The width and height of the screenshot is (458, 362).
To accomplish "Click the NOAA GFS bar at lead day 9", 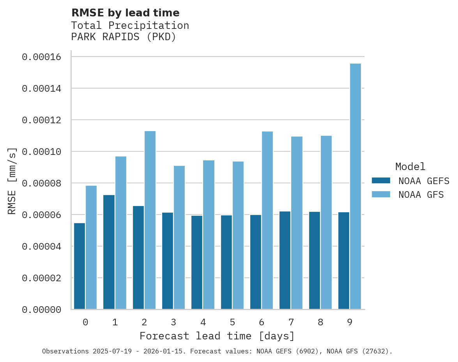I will (x=355, y=186).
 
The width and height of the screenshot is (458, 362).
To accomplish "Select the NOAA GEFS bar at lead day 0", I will (x=80, y=266).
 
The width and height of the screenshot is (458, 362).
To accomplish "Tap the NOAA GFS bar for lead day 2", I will (x=150, y=220).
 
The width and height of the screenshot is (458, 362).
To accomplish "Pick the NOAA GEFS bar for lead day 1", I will (x=109, y=252).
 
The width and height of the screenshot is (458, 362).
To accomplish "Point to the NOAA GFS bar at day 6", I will (x=267, y=220).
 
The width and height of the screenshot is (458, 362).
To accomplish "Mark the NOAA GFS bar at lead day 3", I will (x=179, y=238).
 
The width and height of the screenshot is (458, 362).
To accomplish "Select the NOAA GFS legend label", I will (x=421, y=194).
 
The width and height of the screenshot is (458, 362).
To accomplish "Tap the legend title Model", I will (x=410, y=167).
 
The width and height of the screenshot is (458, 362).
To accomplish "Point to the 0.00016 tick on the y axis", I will (x=41, y=57).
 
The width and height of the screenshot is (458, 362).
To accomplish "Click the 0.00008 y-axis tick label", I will (x=41, y=183).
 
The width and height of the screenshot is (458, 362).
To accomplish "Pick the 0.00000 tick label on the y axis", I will (x=41, y=310).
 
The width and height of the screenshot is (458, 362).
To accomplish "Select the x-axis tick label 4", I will (x=203, y=322).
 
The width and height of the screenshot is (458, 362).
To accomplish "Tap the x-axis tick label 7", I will (x=291, y=322).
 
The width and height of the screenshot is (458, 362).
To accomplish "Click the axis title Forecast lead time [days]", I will (x=217, y=336).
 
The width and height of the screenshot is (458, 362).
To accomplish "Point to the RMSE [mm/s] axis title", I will (x=12, y=181).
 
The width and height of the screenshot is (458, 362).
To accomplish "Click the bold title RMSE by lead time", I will (x=126, y=13).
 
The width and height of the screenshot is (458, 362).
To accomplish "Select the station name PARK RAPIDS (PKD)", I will (x=124, y=37).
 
